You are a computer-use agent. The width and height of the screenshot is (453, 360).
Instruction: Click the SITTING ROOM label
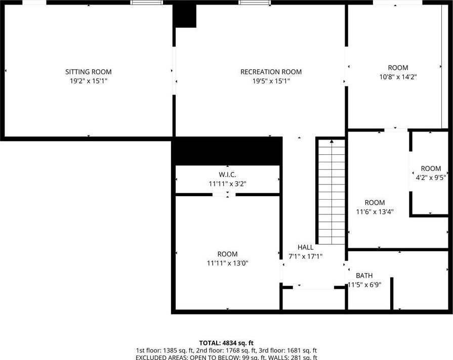click(x=89, y=72)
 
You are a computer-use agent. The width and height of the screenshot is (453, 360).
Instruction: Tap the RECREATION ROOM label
click(x=271, y=72)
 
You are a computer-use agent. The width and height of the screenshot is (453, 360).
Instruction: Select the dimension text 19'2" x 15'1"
click(x=89, y=81)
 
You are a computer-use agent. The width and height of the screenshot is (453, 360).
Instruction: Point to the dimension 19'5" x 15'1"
click(x=271, y=81)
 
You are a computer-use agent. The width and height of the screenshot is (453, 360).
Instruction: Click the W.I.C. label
click(x=227, y=174)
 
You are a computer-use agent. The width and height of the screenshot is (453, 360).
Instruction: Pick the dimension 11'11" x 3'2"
click(x=227, y=184)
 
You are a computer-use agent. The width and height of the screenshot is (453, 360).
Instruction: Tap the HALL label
click(x=305, y=247)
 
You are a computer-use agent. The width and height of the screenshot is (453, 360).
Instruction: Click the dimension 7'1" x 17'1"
click(x=305, y=256)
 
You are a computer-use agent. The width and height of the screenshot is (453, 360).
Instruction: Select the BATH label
click(x=364, y=276)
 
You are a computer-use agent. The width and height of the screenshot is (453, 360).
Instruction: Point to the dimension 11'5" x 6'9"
click(x=364, y=285)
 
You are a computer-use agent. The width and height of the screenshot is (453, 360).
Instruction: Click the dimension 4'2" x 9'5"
click(x=431, y=177)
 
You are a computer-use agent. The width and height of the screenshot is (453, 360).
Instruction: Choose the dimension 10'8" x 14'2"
click(x=398, y=77)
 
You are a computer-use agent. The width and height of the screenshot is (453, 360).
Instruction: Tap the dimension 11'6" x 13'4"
click(x=375, y=212)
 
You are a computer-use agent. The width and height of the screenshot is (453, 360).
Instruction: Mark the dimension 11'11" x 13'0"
click(x=227, y=263)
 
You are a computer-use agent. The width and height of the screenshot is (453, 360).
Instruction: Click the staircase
click(x=332, y=192)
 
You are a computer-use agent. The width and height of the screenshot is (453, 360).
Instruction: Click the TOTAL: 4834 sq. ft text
click(x=226, y=343)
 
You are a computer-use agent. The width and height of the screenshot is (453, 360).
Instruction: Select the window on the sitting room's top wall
click(x=146, y=3)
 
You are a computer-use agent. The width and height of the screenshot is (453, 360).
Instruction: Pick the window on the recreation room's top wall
click(x=255, y=3)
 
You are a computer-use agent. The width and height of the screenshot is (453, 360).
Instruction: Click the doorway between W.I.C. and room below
click(x=224, y=195)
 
